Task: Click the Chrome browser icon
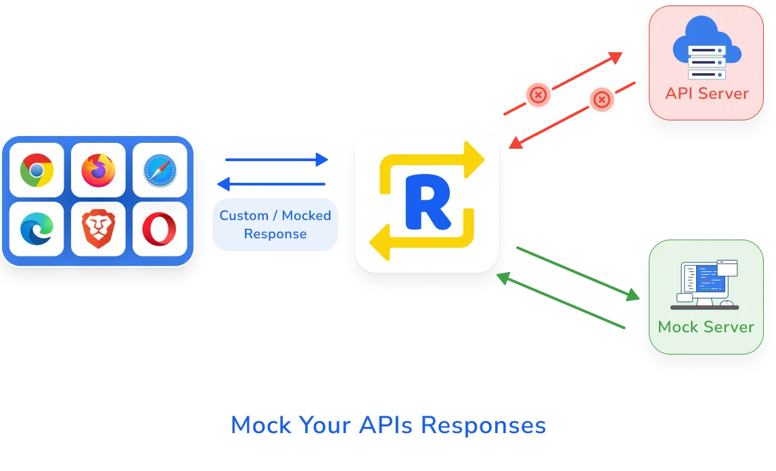[x=37, y=170]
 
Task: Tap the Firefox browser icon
[x=98, y=170]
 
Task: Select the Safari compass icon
[x=160, y=170]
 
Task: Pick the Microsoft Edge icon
[x=37, y=229]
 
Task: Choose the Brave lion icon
[x=98, y=229]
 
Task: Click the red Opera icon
[x=160, y=229]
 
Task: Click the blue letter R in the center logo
[x=428, y=201]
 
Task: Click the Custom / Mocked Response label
[x=275, y=225]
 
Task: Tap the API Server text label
[x=706, y=93]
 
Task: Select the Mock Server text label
[x=706, y=327]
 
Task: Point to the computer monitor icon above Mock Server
[x=706, y=284]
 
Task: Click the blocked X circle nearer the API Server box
[x=601, y=100]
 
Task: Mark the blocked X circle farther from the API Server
[x=538, y=95]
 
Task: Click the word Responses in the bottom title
[x=483, y=425]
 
